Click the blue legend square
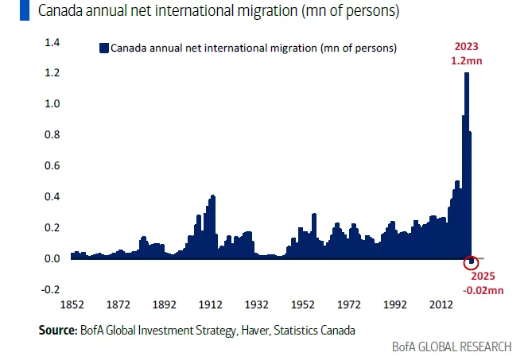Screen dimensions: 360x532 (103, 48)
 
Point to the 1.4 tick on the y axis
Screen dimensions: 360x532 (52, 42)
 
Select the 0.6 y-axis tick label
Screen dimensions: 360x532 (52, 165)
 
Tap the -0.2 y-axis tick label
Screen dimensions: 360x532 (50, 289)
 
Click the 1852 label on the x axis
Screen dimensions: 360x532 (72, 304)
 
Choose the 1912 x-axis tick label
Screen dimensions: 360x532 (210, 304)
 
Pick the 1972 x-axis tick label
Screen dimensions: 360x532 (348, 304)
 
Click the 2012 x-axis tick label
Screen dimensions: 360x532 (439, 304)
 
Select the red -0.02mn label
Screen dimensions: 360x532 (483, 292)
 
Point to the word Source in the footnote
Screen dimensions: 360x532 (56, 328)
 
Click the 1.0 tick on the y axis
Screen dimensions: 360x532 (52, 104)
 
